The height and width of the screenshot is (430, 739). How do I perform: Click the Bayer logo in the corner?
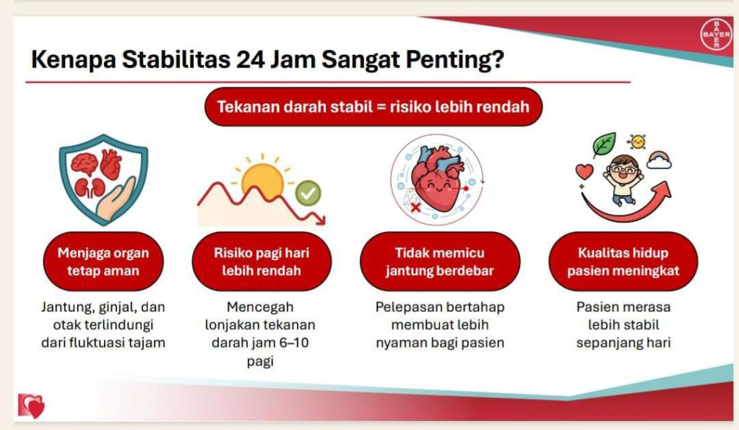[x=717, y=35]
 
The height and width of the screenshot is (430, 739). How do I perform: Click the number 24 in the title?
[x=251, y=60]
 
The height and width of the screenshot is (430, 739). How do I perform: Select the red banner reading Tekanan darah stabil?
[x=373, y=106]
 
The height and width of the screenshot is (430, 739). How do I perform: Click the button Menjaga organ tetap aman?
[x=103, y=262]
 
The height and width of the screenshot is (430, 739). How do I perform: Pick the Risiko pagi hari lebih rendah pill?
[x=262, y=262]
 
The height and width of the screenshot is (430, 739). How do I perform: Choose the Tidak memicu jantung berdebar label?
[x=440, y=262]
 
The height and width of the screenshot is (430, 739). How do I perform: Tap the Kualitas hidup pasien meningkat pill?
[x=623, y=262]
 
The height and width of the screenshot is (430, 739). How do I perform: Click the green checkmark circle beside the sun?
[x=308, y=193]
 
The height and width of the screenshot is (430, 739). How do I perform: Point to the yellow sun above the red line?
[x=262, y=179]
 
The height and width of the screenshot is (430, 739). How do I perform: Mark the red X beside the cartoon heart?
[x=415, y=207]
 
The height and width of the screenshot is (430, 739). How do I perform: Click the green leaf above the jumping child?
[x=604, y=145]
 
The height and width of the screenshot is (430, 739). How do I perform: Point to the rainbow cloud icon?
[x=660, y=160]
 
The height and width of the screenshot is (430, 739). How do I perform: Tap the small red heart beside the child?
[x=585, y=171]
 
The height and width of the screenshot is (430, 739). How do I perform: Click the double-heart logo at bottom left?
[x=32, y=405]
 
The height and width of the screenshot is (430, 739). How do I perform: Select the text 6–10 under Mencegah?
[x=294, y=343]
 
